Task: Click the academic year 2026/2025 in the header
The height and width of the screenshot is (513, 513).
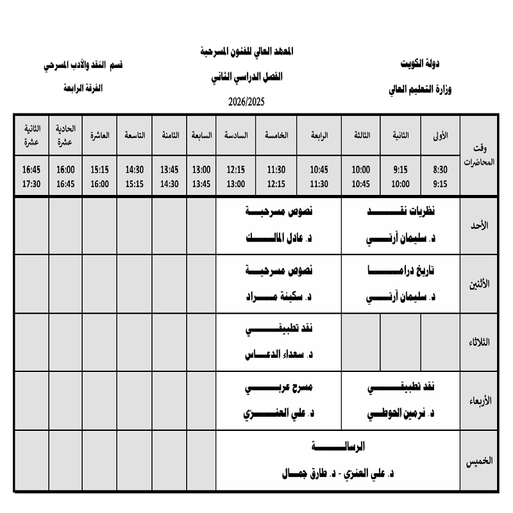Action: (246, 101)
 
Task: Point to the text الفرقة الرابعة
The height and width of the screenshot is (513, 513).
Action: (83, 88)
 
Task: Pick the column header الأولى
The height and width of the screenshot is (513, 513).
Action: (442, 136)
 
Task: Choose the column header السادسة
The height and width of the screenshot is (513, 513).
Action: (236, 136)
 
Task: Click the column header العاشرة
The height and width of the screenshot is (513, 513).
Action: (99, 136)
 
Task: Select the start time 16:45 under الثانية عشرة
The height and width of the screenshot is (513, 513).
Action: (31, 170)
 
